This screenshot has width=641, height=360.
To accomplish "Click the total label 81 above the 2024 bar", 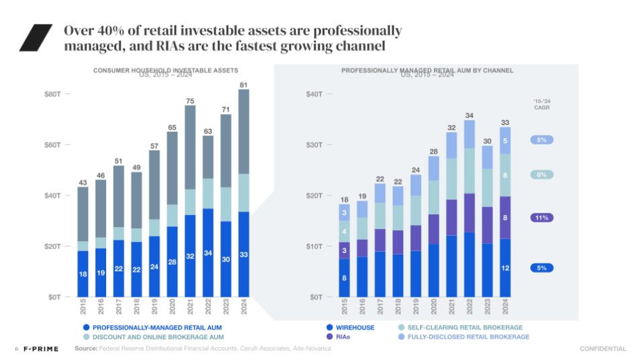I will (x=243, y=85).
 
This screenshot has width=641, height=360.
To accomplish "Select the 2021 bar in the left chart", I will (x=190, y=201).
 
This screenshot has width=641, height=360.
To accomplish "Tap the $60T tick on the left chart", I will (x=54, y=145).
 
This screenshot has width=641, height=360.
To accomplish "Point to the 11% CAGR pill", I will (x=542, y=218).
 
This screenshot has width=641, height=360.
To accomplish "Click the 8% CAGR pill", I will (x=542, y=175).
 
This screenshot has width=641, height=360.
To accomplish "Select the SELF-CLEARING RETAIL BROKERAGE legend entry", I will (x=460, y=327).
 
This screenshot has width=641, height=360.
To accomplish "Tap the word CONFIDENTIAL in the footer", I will (x=603, y=349).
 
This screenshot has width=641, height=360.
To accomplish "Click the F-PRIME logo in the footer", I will (x=41, y=349).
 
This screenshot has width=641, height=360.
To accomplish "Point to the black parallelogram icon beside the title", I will (x=36, y=38).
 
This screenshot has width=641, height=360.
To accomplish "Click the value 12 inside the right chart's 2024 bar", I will (x=505, y=268).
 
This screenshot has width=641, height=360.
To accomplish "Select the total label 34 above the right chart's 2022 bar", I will (x=469, y=116).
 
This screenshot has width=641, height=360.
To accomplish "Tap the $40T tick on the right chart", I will (x=313, y=94).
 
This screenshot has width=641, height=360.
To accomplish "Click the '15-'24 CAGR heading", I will (x=542, y=104).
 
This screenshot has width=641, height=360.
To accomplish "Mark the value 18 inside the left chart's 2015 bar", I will (x=83, y=274).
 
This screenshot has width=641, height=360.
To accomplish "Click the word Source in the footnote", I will (x=85, y=349).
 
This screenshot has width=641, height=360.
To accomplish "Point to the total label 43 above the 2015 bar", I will (x=83, y=183).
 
